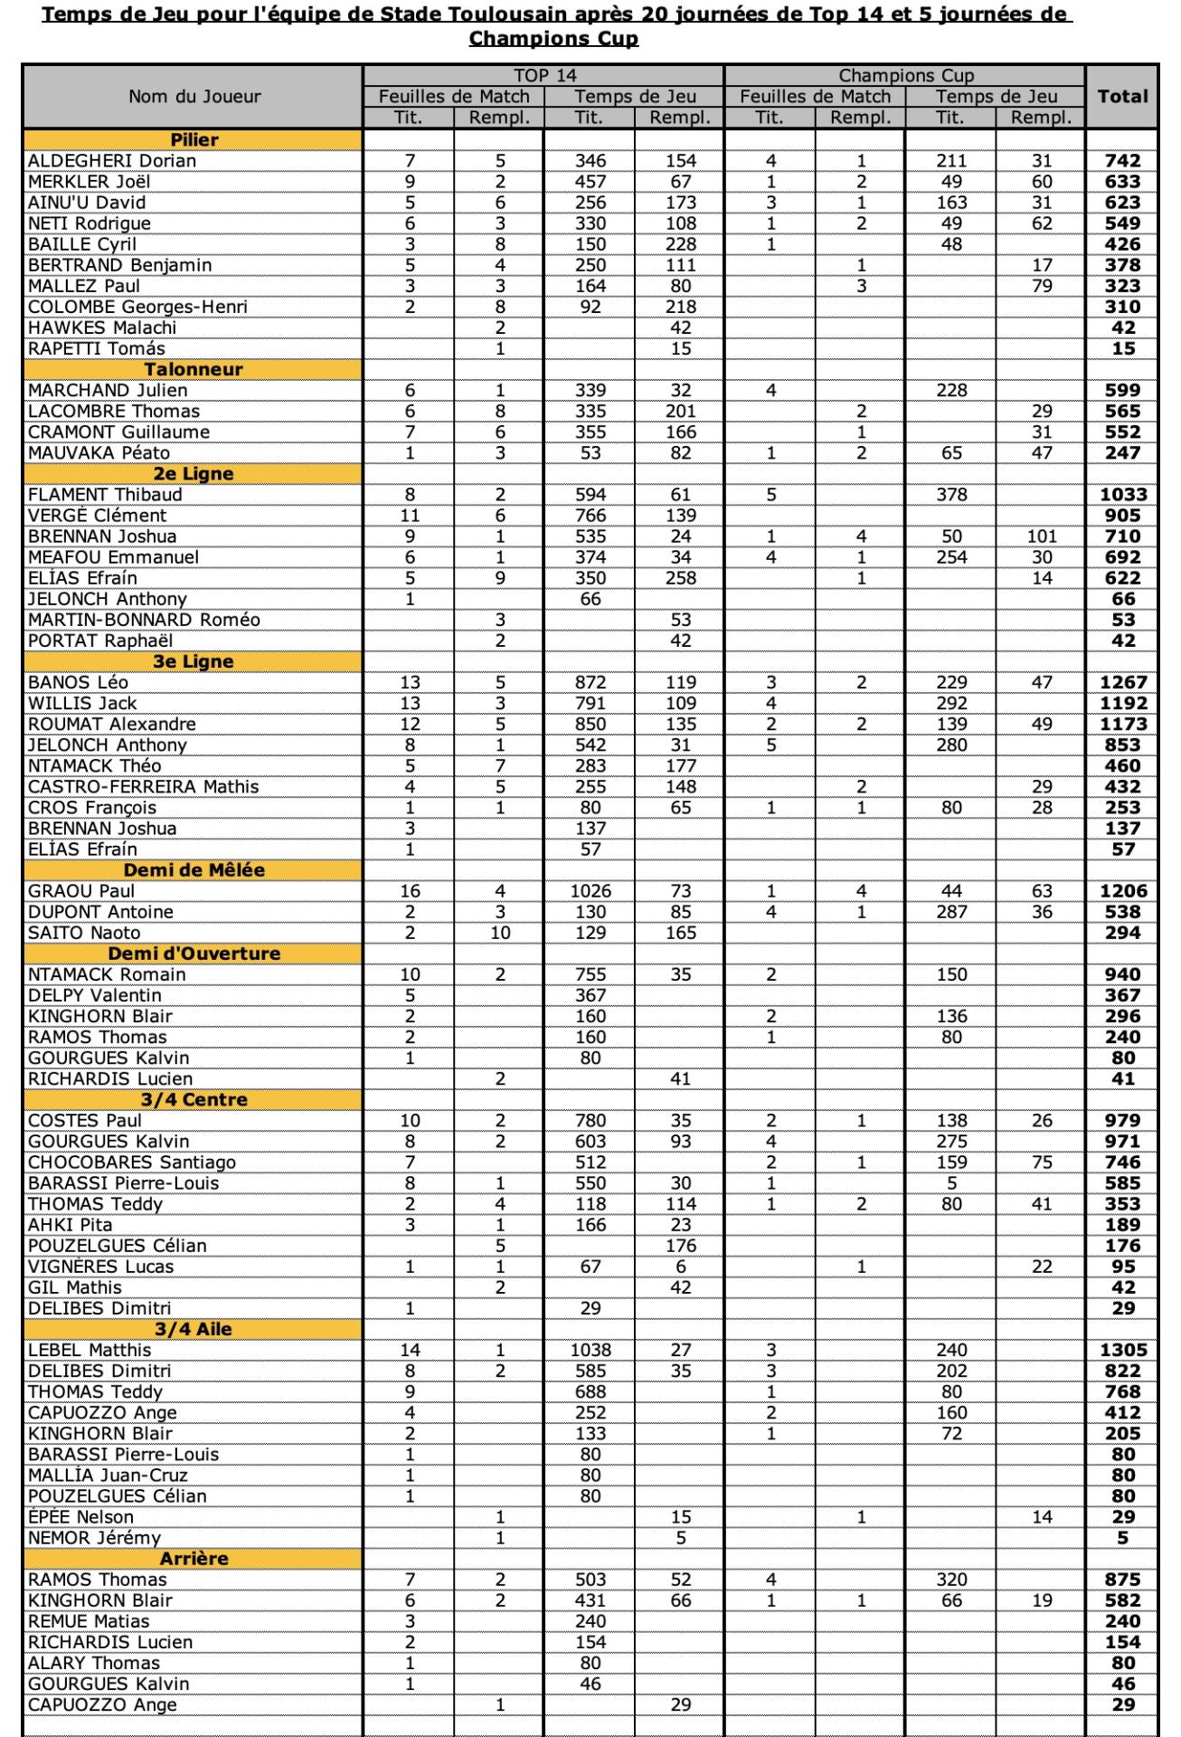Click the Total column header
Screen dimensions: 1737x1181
pyautogui.click(x=1122, y=97)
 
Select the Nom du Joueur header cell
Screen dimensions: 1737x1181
pyautogui.click(x=194, y=97)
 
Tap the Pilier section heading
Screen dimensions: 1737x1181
pyautogui.click(x=194, y=139)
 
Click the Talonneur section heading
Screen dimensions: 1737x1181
pyautogui.click(x=194, y=369)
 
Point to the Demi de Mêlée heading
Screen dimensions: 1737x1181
pyautogui.click(x=194, y=869)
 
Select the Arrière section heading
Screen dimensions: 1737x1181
pyautogui.click(x=194, y=1558)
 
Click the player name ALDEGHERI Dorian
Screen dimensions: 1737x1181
pyautogui.click(x=112, y=161)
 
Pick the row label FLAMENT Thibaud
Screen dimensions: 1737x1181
pyautogui.click(x=105, y=495)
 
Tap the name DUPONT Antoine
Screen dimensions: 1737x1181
pyautogui.click(x=100, y=912)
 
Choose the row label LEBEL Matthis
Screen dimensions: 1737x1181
pyautogui.click(x=90, y=1350)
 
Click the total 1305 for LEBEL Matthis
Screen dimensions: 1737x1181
pyautogui.click(x=1122, y=1350)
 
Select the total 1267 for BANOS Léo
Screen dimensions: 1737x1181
pyautogui.click(x=1122, y=682)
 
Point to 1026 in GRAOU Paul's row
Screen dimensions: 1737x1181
pyautogui.click(x=590, y=891)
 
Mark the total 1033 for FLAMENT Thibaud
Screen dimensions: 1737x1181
pyautogui.click(x=1122, y=495)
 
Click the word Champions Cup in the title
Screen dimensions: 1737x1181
pyautogui.click(x=553, y=39)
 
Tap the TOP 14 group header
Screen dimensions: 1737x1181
pyautogui.click(x=543, y=76)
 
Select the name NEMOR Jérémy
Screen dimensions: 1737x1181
pyautogui.click(x=94, y=1538)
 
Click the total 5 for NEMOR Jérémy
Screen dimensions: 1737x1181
pyautogui.click(x=1122, y=1538)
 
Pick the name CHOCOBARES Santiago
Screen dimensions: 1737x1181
pyautogui.click(x=132, y=1163)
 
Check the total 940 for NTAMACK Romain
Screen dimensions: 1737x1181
pyautogui.click(x=1122, y=974)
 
